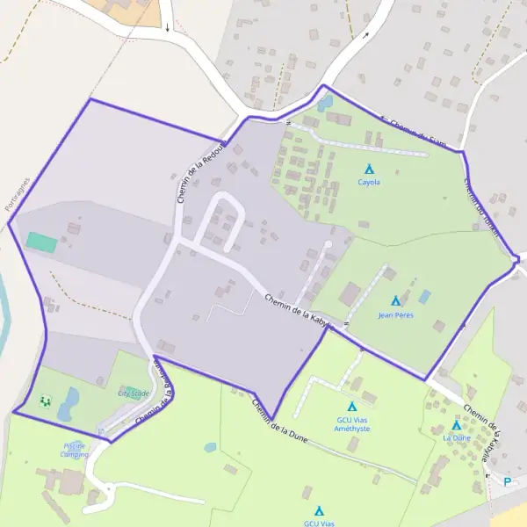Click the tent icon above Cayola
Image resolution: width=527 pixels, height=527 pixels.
point(369,169)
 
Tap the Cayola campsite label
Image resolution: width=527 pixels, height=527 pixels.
point(369,183)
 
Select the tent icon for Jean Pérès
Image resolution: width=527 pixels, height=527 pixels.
point(395,301)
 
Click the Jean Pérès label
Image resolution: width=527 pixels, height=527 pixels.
point(395,314)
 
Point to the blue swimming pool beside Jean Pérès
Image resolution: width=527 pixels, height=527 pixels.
point(425,297)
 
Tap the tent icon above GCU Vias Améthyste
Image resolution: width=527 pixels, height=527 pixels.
point(352,407)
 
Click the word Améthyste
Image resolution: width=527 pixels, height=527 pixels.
point(352,428)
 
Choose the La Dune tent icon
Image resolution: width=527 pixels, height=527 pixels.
point(456,425)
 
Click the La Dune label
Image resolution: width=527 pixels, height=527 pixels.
point(457,437)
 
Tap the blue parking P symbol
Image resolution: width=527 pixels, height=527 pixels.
point(507,480)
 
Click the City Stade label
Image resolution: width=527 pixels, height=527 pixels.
point(134,394)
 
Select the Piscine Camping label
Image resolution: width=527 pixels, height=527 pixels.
point(75,451)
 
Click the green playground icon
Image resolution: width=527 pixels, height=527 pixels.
point(45,401)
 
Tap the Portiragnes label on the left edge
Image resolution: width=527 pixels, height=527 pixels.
point(17,193)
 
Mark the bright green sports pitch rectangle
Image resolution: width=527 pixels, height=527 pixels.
point(40,240)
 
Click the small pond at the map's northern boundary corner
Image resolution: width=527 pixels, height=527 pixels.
point(325,103)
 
